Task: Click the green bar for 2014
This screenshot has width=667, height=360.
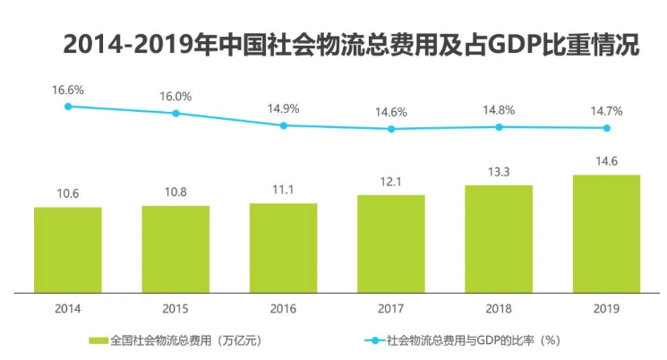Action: (67, 249)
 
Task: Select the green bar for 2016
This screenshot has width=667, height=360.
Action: (283, 247)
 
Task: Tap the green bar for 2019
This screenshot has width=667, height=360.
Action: (606, 233)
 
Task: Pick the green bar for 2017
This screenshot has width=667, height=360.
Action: (390, 243)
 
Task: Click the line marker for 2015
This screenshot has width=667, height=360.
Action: (175, 113)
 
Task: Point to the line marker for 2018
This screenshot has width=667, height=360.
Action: (499, 126)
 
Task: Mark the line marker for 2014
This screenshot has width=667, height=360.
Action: (68, 106)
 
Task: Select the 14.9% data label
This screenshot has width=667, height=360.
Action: (284, 108)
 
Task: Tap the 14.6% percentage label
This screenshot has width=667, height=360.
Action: (391, 112)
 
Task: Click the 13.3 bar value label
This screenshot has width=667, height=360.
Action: (499, 171)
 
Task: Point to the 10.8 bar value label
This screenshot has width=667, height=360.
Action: (175, 192)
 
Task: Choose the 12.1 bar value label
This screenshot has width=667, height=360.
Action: (391, 181)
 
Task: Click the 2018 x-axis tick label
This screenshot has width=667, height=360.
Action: (499, 309)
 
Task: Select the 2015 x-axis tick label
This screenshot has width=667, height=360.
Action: (175, 309)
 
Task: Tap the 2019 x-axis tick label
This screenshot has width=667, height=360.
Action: (606, 309)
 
